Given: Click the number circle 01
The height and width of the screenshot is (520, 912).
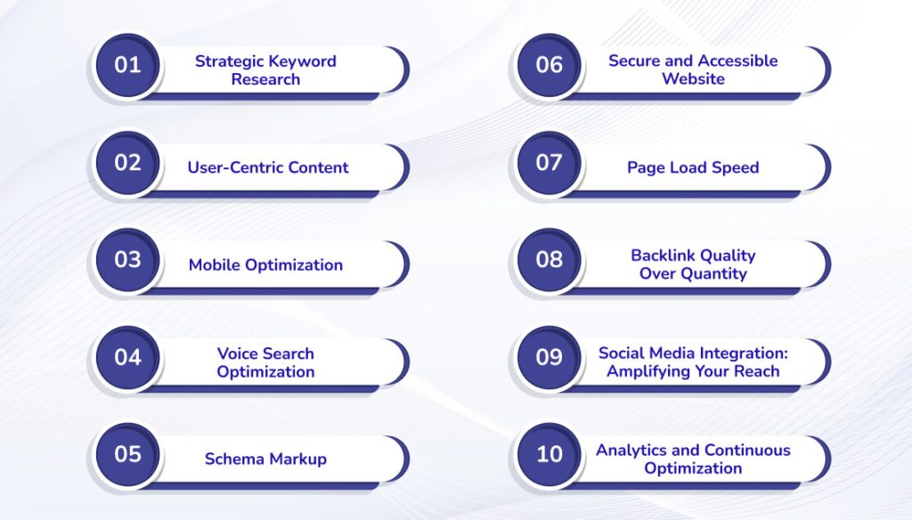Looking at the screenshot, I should click(x=127, y=65).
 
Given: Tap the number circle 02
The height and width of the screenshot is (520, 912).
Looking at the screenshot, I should click(x=127, y=162).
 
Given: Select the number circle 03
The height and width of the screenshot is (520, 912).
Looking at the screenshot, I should click(x=127, y=259).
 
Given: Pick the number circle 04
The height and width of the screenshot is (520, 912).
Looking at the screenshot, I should click(x=127, y=357).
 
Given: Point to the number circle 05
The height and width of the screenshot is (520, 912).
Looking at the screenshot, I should click(x=127, y=454).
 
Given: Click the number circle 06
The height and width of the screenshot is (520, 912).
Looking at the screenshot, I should click(x=549, y=65).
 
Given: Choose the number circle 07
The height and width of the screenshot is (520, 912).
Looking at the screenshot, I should click(x=549, y=162).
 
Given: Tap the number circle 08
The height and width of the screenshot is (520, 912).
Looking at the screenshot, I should click(x=549, y=259).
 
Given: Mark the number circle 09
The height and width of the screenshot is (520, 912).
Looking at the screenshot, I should click(x=549, y=357).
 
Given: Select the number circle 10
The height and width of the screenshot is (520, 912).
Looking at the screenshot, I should click(x=549, y=454).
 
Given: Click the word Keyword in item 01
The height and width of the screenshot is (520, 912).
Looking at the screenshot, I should click(x=302, y=61).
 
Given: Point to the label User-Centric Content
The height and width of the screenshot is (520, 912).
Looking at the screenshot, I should click(x=268, y=167).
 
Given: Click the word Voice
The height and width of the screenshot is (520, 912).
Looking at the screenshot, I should click(x=239, y=353).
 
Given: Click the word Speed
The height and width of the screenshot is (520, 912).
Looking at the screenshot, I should click(x=736, y=167).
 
